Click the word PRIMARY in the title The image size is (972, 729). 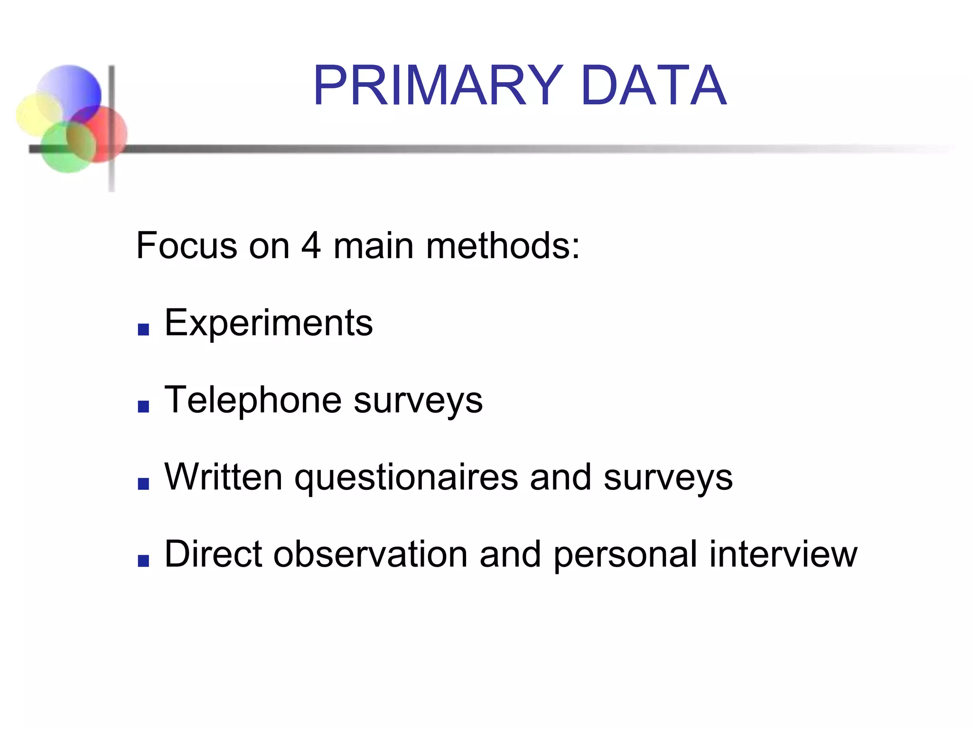[438, 86]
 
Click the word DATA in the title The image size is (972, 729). [654, 86]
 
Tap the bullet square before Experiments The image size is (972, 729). [143, 329]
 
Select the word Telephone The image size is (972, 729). [252, 400]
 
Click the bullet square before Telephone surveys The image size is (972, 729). [143, 406]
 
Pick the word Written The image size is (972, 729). [224, 477]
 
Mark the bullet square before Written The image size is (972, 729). [143, 484]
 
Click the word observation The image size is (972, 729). [370, 554]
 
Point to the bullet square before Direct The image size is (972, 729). [143, 561]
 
